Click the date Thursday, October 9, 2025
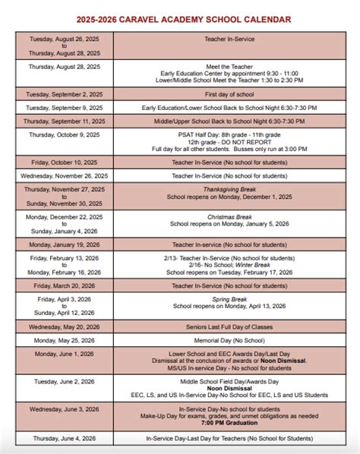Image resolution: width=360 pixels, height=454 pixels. (64, 134)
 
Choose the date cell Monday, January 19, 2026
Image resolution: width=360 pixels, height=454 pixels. (64, 244)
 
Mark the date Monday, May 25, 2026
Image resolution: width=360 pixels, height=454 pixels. (64, 341)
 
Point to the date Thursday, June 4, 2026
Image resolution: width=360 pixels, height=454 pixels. (64, 438)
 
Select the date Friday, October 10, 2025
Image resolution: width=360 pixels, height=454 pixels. (64, 162)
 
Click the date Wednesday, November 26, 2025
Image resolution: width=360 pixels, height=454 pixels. (64, 175)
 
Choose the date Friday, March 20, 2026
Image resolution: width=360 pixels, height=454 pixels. (64, 285)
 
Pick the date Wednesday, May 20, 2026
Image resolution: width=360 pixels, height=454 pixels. (64, 326)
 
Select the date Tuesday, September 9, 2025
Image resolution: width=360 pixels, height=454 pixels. (64, 108)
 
